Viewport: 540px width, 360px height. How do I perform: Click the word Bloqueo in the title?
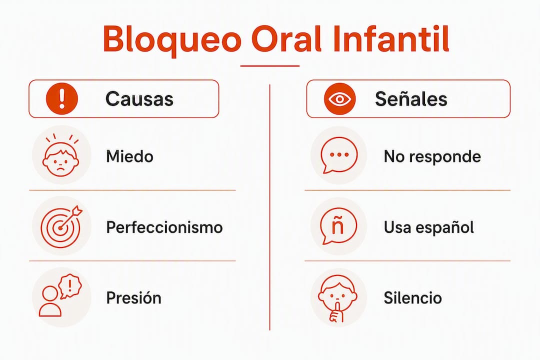(172, 39)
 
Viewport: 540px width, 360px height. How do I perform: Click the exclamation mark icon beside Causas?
(62, 98)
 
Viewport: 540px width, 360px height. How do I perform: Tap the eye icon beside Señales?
(339, 99)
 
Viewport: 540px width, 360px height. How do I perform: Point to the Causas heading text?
(139, 99)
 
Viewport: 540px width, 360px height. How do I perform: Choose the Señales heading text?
(411, 99)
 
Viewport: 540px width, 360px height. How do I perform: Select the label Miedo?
(130, 156)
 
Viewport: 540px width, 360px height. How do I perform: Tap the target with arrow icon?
(61, 225)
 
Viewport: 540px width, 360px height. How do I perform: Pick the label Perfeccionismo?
(164, 227)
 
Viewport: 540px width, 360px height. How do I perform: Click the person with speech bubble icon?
(60, 296)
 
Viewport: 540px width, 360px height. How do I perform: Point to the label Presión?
(133, 298)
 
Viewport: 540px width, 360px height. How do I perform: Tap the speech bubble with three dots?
(339, 155)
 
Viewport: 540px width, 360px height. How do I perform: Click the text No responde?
(432, 156)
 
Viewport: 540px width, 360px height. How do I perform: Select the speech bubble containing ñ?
(338, 226)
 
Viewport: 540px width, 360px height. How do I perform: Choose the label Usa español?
(429, 227)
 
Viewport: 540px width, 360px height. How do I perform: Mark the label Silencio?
(412, 298)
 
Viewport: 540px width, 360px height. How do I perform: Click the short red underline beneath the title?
(269, 65)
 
